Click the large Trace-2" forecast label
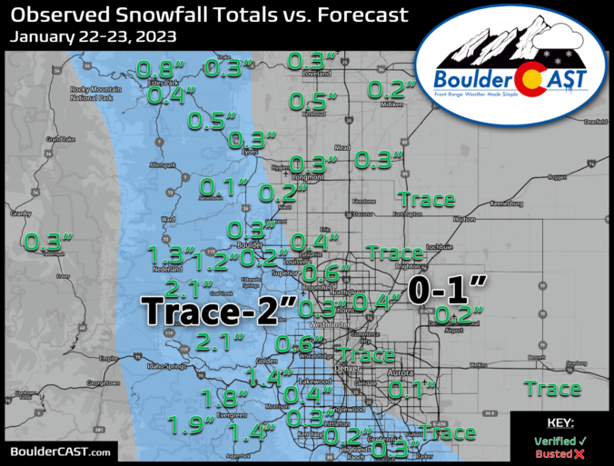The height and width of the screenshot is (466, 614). click(219, 311)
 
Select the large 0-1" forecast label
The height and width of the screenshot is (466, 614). click(446, 291)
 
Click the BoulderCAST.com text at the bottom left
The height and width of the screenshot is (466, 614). click(61, 451)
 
